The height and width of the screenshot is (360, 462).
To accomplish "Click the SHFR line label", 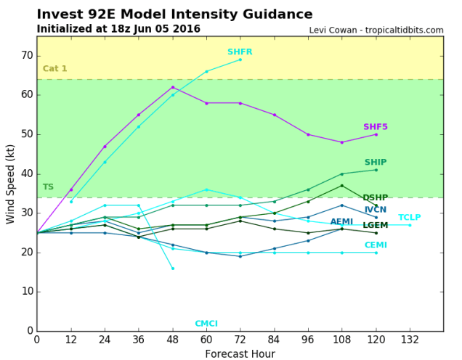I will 240,52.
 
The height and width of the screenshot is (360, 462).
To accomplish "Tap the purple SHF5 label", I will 376,127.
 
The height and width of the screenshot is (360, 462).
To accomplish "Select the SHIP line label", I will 376,163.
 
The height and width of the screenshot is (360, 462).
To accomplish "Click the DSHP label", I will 375,198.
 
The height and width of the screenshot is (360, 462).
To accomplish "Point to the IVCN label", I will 376,210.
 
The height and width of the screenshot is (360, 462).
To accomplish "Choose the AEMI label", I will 341,222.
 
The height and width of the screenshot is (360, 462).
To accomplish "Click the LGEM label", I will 376,226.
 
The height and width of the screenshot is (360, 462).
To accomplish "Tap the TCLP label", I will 409,218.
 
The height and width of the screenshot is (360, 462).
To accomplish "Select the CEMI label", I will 376,245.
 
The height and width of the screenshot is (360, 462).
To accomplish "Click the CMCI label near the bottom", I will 206,324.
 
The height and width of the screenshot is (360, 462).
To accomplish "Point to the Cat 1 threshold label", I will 54,69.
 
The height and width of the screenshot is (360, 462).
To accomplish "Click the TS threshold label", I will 48,187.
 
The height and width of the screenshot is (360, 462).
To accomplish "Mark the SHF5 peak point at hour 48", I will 172,87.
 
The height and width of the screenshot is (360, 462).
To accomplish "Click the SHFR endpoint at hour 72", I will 240,59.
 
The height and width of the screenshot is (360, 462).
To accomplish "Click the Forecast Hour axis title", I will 240,353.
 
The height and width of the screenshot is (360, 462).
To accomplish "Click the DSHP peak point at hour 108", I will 342,186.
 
